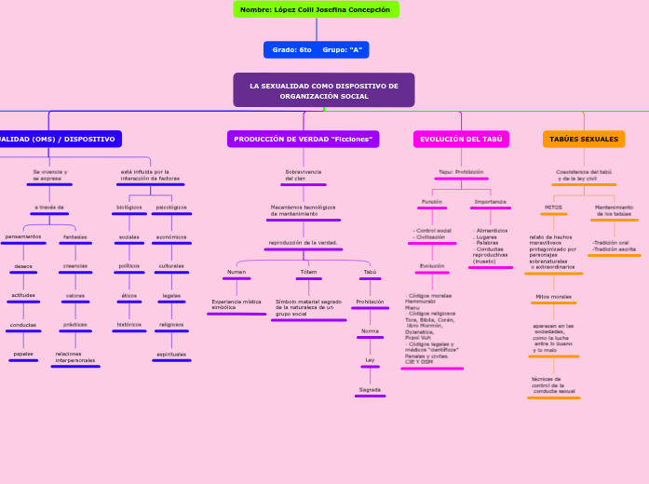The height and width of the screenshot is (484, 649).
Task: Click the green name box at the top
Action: pyautogui.click(x=316, y=9)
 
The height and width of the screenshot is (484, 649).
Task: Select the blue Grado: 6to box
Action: pyautogui.click(x=316, y=49)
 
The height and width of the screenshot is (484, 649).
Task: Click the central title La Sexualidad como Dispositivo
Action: pyautogui.click(x=323, y=90)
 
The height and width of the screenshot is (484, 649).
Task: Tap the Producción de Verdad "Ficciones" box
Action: pyautogui.click(x=303, y=139)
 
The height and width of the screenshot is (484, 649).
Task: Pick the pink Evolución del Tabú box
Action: pyautogui.click(x=461, y=139)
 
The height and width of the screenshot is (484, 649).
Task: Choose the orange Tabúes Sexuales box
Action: pyautogui.click(x=584, y=139)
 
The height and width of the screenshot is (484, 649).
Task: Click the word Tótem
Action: pyautogui.click(x=307, y=272)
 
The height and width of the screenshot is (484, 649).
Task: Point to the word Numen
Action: pyautogui.click(x=237, y=272)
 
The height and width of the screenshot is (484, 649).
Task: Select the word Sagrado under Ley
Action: pyautogui.click(x=370, y=389)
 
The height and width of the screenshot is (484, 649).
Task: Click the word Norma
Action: pyautogui.click(x=370, y=330)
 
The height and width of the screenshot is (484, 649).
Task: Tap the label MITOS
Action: pyautogui.click(x=553, y=207)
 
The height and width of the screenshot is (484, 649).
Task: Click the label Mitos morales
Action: pyautogui.click(x=553, y=296)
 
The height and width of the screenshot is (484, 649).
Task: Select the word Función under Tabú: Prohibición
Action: pyautogui.click(x=432, y=201)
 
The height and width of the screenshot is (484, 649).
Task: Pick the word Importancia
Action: pyautogui.click(x=490, y=201)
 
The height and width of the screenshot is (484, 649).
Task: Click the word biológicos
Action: pyautogui.click(x=129, y=207)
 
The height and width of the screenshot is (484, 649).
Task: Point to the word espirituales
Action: pyautogui.click(x=171, y=354)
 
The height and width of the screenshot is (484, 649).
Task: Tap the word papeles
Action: pyautogui.click(x=23, y=354)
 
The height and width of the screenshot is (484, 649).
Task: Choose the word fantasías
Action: pyautogui.click(x=75, y=236)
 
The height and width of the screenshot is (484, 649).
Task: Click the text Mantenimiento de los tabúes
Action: pyautogui.click(x=614, y=210)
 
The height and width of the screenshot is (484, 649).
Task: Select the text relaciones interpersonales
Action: pyautogui.click(x=74, y=356)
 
